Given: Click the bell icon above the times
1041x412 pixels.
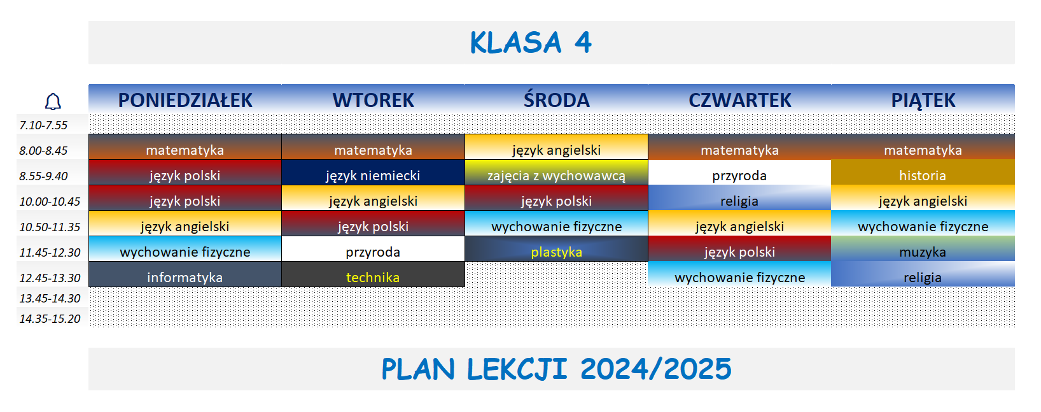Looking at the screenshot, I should coord(53,101).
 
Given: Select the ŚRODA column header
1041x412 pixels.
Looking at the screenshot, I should coord(556,100).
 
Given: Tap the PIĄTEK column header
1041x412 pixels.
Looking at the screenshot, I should coord(923,100).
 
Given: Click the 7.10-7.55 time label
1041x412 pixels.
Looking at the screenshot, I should coord(43,125).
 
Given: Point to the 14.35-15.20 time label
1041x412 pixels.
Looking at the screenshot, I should coord(50,318).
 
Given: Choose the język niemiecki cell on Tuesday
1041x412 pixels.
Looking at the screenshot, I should coord(373,175).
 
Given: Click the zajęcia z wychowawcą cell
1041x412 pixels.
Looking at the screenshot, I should coord(556,175).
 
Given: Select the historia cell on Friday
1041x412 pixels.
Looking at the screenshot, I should coord(923,175).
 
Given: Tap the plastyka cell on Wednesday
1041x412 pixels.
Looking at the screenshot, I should coord(556,252).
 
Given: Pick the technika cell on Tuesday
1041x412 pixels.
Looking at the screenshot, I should coord(373,277).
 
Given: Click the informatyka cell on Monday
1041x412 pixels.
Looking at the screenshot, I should coord(185,277).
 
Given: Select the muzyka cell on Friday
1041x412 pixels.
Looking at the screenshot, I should coord(923,252).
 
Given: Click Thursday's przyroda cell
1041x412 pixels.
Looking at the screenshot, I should coord(739,175).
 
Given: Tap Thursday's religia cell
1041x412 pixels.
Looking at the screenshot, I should coord(739,201).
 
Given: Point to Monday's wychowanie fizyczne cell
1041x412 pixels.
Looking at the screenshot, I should coord(185,252).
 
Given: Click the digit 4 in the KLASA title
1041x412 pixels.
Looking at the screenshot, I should coord(583,43).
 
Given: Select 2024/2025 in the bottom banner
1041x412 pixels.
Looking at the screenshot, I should coord(655,369).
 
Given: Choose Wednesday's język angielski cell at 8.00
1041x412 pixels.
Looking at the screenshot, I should coord(556,150).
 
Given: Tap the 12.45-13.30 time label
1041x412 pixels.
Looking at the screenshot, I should coord(50,278).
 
